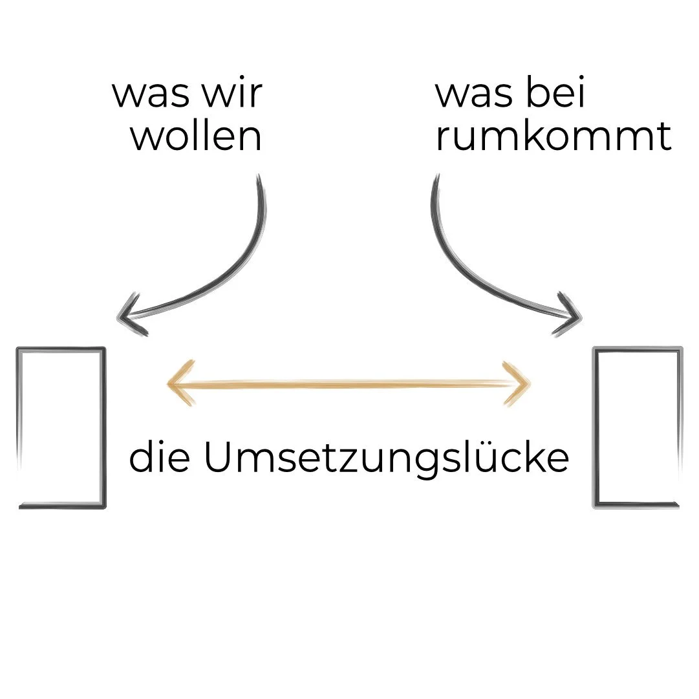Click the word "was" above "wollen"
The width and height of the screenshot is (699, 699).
click(151, 94)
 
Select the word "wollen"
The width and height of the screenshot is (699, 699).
click(197, 136)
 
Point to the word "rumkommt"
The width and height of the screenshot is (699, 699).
click(554, 136)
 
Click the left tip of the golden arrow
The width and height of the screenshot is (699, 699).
click(169, 384)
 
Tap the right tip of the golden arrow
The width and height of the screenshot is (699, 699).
click(528, 384)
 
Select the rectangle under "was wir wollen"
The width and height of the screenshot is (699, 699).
click(61, 427)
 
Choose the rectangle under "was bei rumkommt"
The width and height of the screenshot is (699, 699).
click(638, 427)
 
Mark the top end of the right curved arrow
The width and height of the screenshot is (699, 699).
click(437, 177)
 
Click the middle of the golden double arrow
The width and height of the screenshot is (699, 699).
click(349, 384)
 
